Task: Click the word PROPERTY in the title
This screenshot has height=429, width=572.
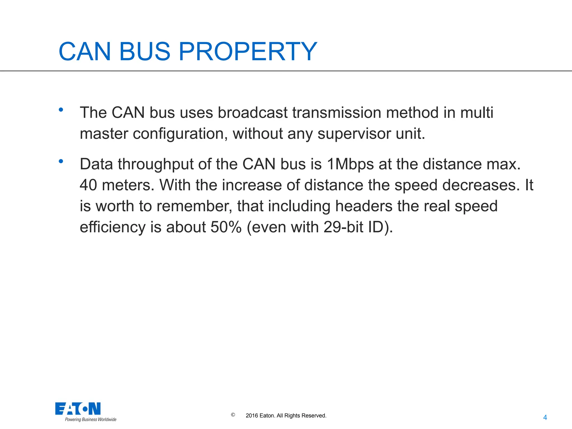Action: click(247, 51)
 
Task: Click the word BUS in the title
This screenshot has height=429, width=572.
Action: click(145, 51)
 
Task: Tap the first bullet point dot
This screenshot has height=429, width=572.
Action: click(61, 110)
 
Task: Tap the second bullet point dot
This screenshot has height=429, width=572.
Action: click(61, 161)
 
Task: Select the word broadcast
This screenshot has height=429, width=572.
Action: click(252, 113)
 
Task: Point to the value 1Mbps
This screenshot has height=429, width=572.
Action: click(350, 164)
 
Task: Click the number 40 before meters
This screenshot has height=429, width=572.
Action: click(88, 185)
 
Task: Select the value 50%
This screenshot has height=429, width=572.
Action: click(226, 227)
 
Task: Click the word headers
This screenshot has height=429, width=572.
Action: click(364, 206)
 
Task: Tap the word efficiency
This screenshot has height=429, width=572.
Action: click(112, 227)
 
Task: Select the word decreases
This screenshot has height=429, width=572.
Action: click(480, 185)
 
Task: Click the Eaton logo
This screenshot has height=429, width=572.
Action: click(78, 409)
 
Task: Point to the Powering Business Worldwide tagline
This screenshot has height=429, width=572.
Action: click(90, 420)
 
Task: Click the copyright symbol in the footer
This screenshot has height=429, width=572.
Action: click(233, 415)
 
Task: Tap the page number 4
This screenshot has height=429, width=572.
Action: click(545, 418)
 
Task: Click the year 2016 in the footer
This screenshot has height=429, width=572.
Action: click(252, 416)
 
